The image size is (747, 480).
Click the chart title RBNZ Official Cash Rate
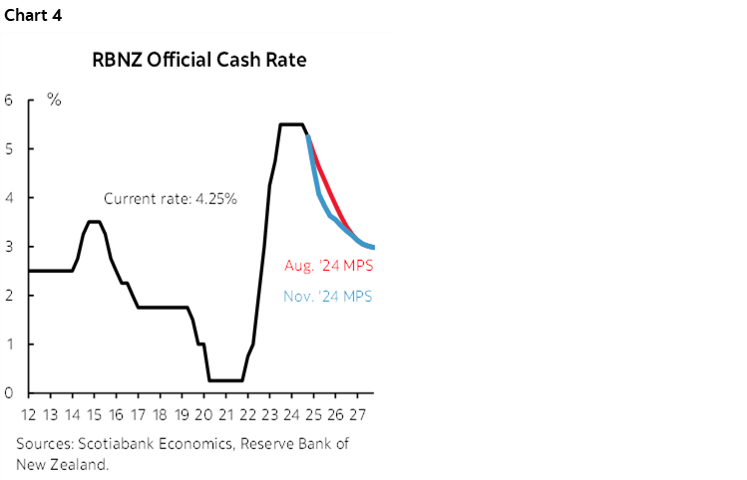[x=198, y=60]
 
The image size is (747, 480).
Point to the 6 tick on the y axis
[x=7, y=100]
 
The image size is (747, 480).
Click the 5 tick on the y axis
[x=7, y=148]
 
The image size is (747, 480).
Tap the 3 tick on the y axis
[x=7, y=246]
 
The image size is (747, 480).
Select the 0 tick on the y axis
[x=7, y=393]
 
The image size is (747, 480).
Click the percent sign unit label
[x=54, y=101]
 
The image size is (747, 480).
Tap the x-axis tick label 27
[x=357, y=414]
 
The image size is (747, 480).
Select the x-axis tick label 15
[x=94, y=414]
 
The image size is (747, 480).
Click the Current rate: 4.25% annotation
[x=170, y=198]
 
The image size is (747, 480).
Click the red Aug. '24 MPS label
[x=328, y=266]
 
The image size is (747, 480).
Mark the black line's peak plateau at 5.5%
[x=290, y=124]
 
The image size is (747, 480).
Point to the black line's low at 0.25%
[x=225, y=380]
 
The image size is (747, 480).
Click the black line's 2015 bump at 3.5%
[x=93, y=221]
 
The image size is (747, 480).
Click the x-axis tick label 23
[x=270, y=414]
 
